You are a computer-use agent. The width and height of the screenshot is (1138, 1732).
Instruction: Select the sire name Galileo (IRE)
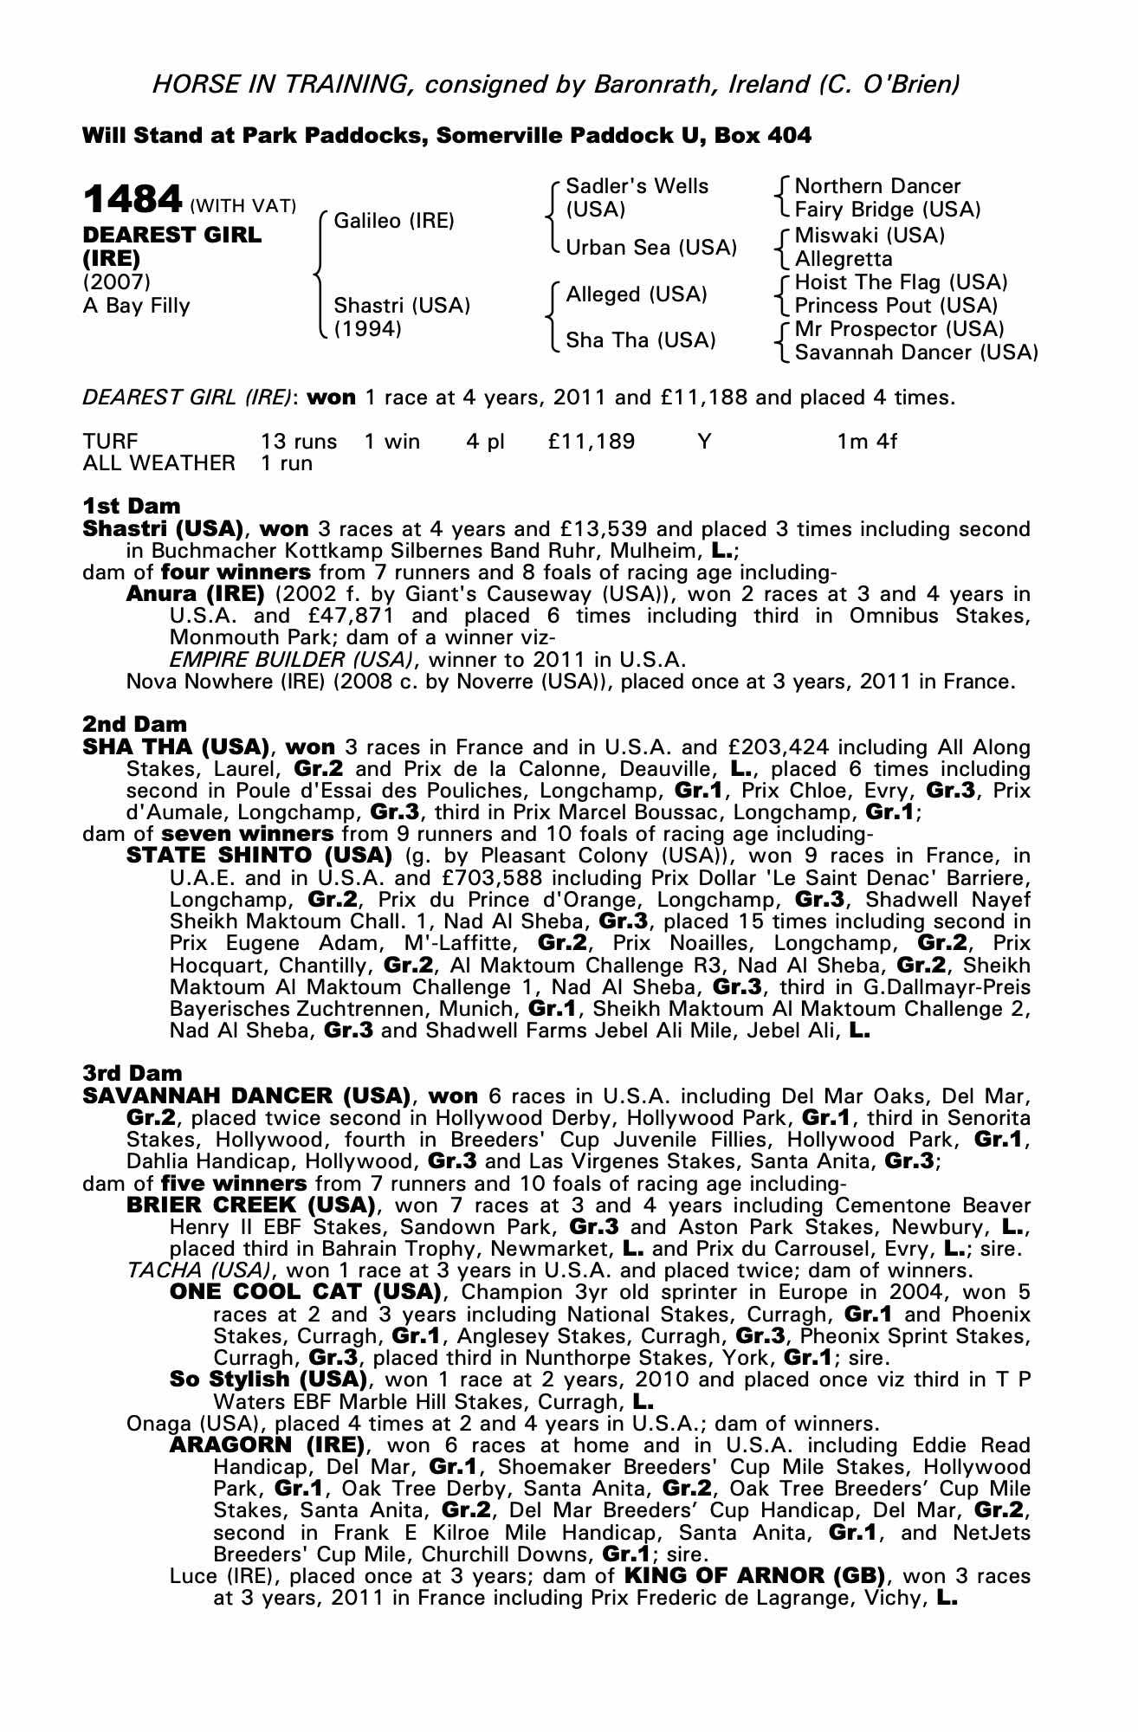[x=394, y=221]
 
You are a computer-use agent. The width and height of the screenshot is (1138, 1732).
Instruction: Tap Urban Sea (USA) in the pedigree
[x=651, y=248]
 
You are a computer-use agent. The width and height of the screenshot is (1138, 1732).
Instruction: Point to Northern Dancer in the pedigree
[x=877, y=186]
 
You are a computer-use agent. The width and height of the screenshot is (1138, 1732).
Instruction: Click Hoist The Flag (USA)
[x=901, y=282]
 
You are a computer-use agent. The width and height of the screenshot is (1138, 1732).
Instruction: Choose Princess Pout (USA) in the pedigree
[x=896, y=306]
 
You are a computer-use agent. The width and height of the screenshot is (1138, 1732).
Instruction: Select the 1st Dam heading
[x=132, y=506]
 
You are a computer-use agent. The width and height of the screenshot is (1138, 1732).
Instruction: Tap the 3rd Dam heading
[x=133, y=1074]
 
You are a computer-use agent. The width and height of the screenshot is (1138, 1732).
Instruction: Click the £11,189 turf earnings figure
[x=592, y=442]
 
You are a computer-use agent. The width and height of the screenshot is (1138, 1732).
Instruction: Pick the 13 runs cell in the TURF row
[x=299, y=442]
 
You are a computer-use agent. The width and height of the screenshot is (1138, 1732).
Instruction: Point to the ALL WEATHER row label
[x=158, y=463]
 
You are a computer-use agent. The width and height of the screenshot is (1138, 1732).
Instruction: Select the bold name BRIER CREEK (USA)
[x=250, y=1205]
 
